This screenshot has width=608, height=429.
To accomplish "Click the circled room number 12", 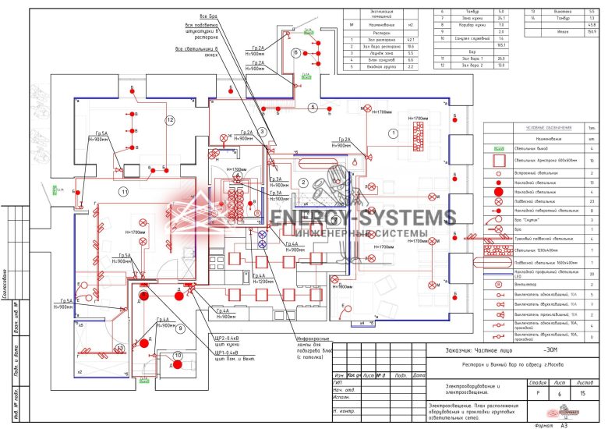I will [169, 119].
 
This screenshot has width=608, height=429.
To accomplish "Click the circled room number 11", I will [122, 190].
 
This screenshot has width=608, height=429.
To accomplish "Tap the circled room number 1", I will [394, 133].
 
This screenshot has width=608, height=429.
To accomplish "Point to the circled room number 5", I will [312, 107].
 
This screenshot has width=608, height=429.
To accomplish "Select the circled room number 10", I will [178, 357].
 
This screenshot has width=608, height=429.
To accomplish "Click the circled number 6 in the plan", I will [295, 53].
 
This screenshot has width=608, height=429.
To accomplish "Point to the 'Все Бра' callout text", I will [208, 16].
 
